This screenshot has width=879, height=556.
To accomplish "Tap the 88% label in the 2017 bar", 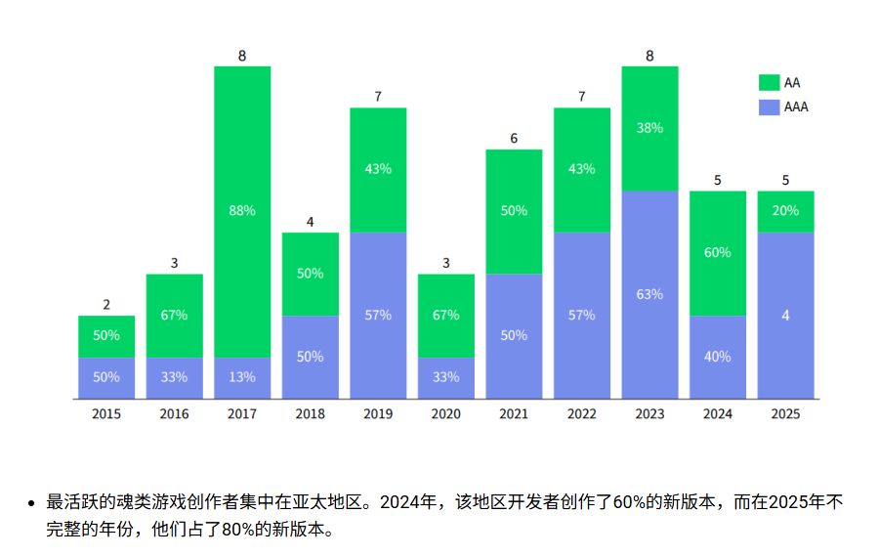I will point(242,211).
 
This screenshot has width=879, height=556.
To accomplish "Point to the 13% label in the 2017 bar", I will point(242,377).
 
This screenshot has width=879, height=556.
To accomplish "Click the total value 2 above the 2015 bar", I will point(106,305).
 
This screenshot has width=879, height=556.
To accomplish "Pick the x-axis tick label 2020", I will point(445,414).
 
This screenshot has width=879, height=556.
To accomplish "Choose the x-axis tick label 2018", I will point(310,414).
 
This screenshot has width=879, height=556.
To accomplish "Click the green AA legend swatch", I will point(769,82).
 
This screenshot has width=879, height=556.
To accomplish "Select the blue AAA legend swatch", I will point(769,107).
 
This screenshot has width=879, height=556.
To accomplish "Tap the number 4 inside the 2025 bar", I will point(785,315).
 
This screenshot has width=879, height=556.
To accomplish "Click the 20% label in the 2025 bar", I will point(785,211).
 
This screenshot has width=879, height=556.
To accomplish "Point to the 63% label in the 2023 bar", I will point(649,294).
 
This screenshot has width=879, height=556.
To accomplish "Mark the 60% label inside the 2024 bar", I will point(717,252).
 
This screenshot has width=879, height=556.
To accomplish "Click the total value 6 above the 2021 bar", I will point(514,139).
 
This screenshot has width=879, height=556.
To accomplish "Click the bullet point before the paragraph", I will point(31,504).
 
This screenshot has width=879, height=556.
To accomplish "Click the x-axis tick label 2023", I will point(649,414).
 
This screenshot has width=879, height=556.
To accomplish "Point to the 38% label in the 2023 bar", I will point(649,128).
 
